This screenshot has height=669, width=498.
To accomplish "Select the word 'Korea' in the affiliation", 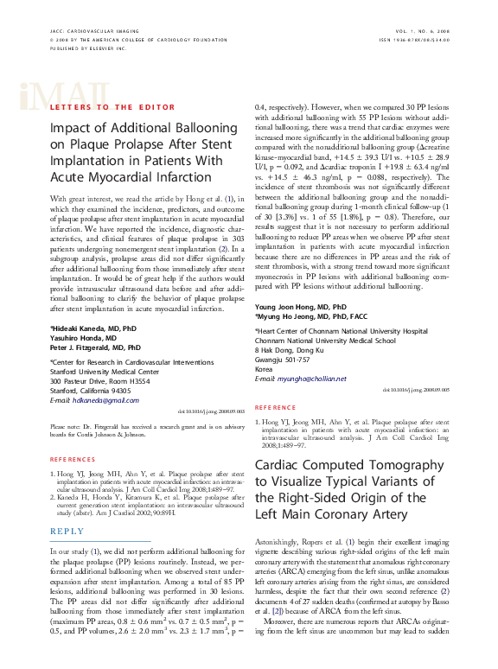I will point(264,369).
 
